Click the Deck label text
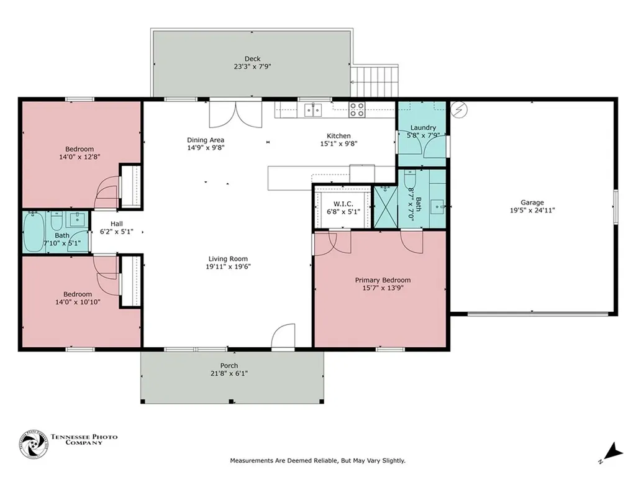(x=252, y=58)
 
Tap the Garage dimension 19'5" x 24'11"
(x=532, y=210)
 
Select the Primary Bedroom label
(x=383, y=280)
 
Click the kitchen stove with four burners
(x=357, y=110)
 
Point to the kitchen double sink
(x=313, y=110)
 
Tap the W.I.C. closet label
(x=343, y=204)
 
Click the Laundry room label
(x=423, y=127)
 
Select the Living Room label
(x=228, y=259)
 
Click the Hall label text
(x=117, y=224)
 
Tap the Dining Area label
(x=206, y=140)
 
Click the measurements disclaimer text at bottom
(x=317, y=461)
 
